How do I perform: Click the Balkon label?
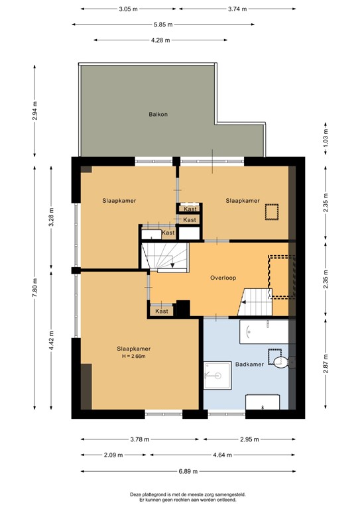tap(158, 114)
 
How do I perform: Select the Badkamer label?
tap(249, 365)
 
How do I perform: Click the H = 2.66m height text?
tap(133, 357)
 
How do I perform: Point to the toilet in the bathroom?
tap(283, 361)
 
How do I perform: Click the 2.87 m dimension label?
tap(325, 367)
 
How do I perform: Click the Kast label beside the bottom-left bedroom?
tap(161, 311)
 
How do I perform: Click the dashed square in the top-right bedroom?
tap(272, 212)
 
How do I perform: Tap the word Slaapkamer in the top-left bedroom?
tap(119, 200)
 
